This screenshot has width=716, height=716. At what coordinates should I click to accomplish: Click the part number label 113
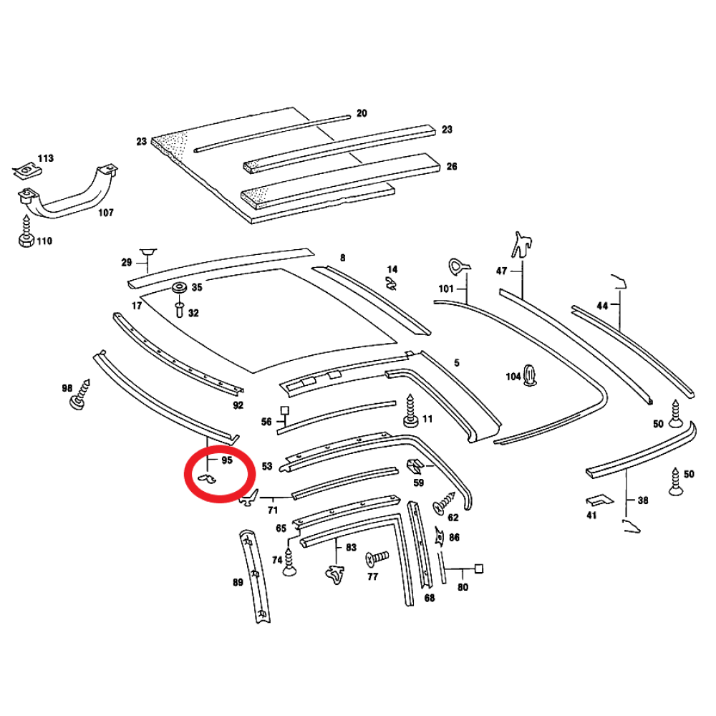(x=46, y=158)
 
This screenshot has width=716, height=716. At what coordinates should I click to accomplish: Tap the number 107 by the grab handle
(x=106, y=213)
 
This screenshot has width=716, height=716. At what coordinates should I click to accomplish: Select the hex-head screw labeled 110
(x=26, y=233)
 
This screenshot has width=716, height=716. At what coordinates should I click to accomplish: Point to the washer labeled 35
(x=179, y=288)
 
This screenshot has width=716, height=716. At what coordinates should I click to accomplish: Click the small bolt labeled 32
(x=180, y=309)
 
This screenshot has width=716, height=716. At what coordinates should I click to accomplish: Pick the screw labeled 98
(x=80, y=395)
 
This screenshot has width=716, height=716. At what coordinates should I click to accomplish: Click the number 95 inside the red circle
(x=227, y=460)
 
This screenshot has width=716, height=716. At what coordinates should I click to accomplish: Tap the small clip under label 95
(x=207, y=478)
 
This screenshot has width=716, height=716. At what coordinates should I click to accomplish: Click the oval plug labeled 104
(x=529, y=375)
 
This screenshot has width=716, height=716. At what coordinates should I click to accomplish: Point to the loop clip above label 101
(x=458, y=266)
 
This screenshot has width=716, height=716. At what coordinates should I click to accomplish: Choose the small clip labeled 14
(x=391, y=283)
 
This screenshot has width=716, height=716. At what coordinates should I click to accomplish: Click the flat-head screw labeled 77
(x=377, y=558)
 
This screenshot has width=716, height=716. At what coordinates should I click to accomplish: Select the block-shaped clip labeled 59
(x=415, y=467)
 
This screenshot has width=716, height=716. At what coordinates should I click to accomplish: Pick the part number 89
(x=238, y=582)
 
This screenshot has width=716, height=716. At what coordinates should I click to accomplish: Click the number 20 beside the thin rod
(x=362, y=113)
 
